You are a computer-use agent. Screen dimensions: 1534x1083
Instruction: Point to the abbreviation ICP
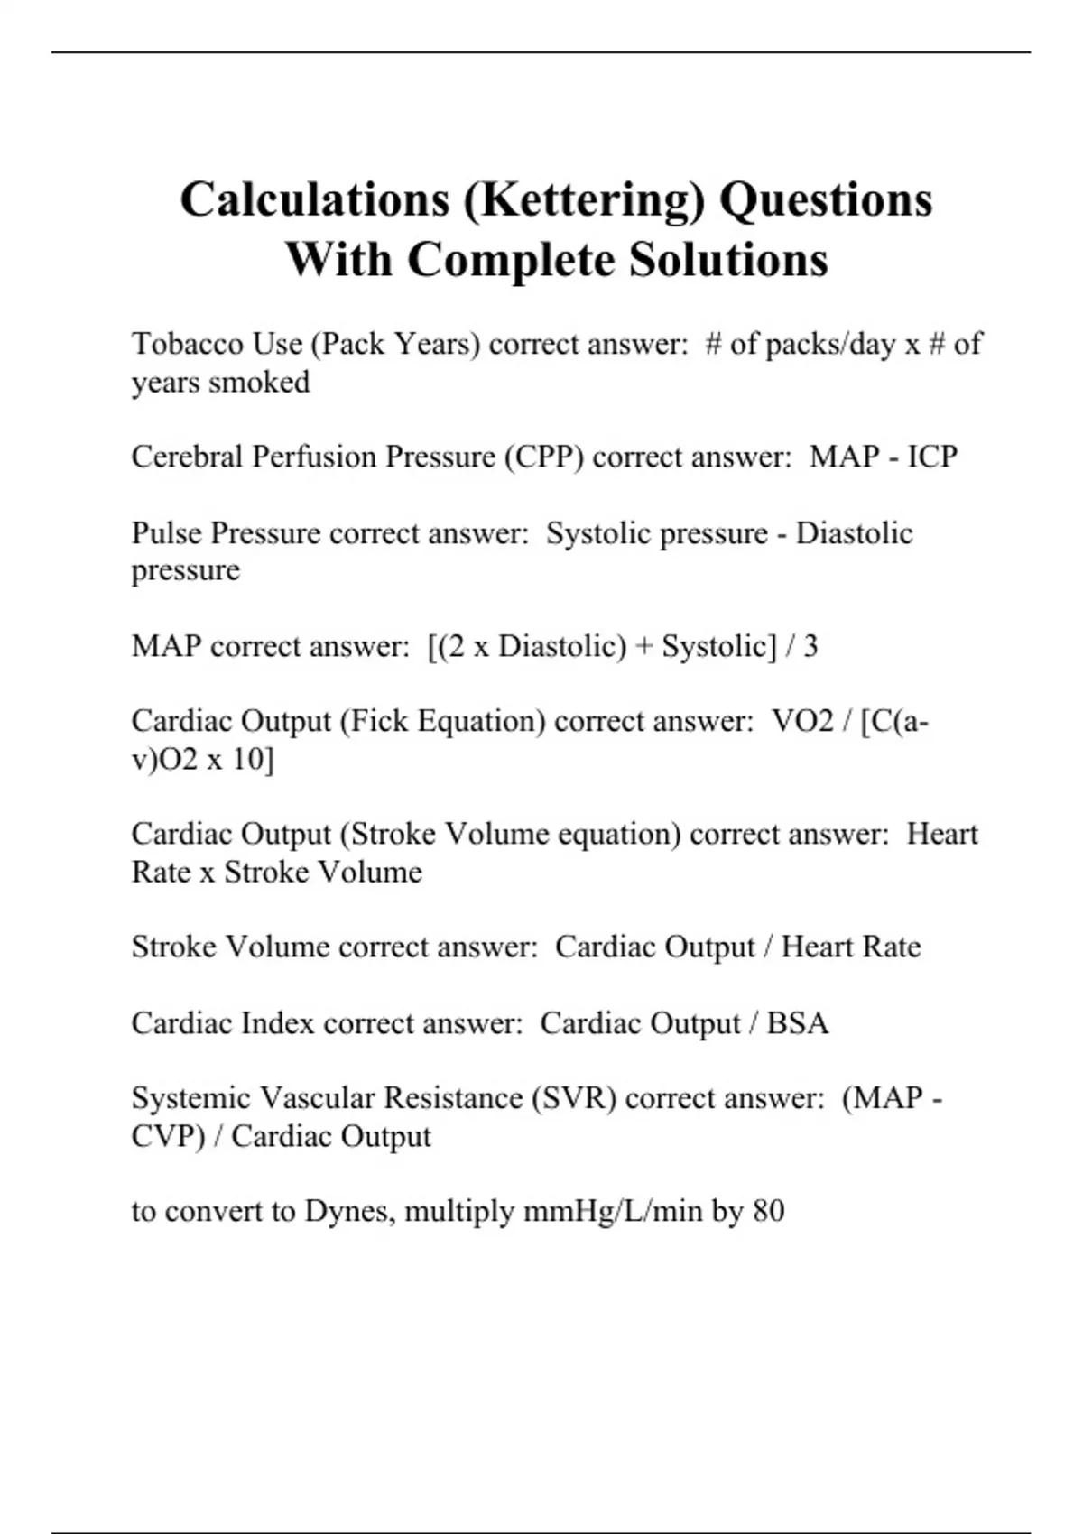932,457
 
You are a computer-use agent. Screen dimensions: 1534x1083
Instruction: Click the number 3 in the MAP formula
810,646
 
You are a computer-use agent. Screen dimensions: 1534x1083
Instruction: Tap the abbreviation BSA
797,1023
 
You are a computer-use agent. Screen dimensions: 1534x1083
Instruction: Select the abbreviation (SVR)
574,1098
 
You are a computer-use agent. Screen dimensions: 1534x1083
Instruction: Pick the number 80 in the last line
768,1211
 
